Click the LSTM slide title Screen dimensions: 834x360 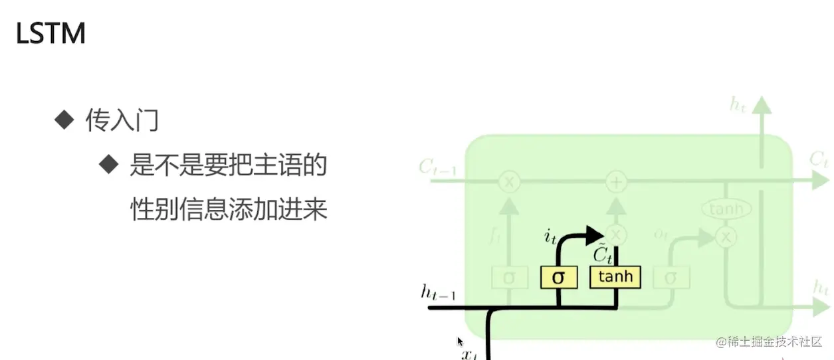pyautogui.click(x=51, y=34)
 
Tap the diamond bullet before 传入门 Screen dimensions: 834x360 pyautogui.click(x=64, y=120)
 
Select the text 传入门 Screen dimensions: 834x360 pyautogui.click(x=122, y=121)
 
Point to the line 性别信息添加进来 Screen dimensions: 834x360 pyautogui.click(x=229, y=209)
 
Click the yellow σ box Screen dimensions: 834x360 pyautogui.click(x=558, y=277)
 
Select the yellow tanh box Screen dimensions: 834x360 pyautogui.click(x=615, y=276)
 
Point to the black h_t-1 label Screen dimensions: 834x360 pyautogui.click(x=438, y=292)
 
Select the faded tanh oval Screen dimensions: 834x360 pyautogui.click(x=726, y=210)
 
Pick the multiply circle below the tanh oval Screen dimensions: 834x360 pyautogui.click(x=726, y=236)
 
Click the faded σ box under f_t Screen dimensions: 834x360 pyautogui.click(x=509, y=277)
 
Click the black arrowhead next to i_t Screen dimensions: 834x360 pyautogui.click(x=595, y=234)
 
